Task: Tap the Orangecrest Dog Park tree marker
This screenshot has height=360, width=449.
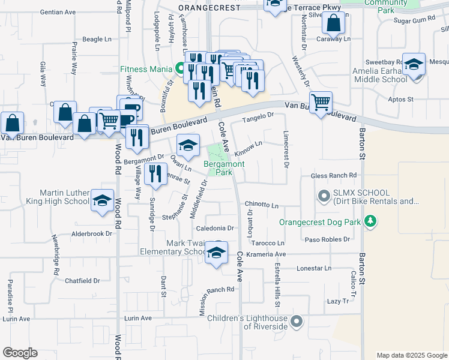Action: (x=372, y=222)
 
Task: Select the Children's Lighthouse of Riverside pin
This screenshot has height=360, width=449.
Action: (x=296, y=322)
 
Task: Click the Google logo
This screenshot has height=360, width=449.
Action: (x=20, y=353)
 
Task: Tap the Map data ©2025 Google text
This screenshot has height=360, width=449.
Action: (x=411, y=355)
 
